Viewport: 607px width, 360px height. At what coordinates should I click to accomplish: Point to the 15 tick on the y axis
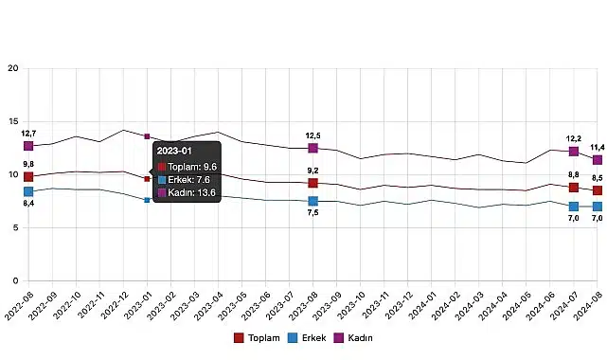point(12,121)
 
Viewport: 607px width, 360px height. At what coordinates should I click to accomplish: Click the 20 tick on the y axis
point(12,68)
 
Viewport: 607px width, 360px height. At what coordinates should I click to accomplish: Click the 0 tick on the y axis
point(15,281)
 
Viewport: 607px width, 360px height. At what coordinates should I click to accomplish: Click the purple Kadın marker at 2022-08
point(28,146)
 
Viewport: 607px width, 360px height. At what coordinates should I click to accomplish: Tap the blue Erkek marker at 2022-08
point(28,192)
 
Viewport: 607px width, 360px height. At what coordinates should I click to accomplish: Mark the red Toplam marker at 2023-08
point(312,183)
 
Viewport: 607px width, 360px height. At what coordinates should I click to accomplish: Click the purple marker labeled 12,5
point(312,148)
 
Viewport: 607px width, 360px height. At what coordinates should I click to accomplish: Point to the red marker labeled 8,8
point(573,188)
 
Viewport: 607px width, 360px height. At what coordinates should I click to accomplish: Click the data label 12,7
point(28,134)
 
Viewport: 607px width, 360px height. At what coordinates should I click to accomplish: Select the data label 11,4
point(597,147)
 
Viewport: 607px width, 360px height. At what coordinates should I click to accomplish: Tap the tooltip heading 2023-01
point(174,151)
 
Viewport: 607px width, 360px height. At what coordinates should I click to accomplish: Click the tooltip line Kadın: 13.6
point(189,192)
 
